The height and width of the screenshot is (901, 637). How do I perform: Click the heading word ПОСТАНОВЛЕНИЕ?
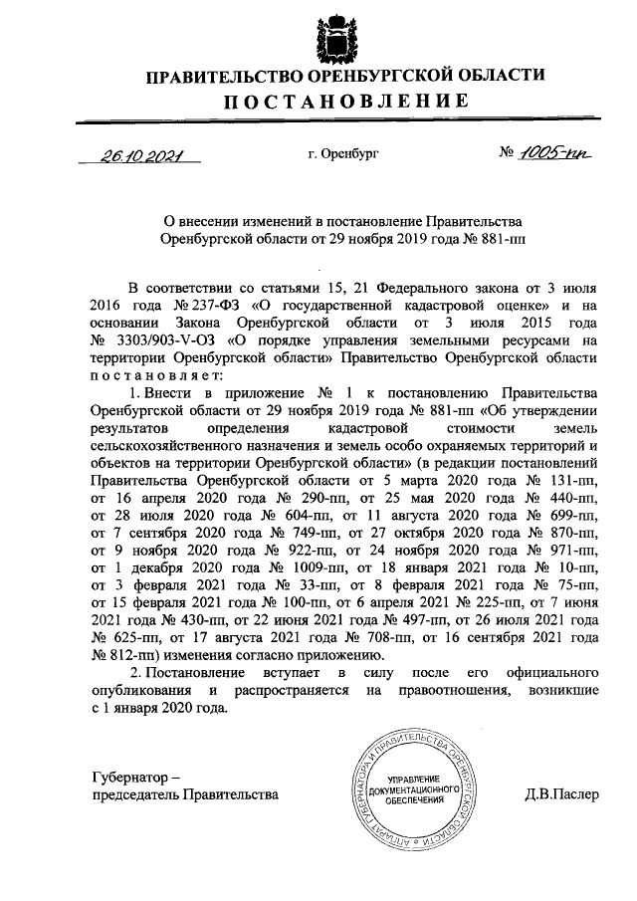tap(344, 101)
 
